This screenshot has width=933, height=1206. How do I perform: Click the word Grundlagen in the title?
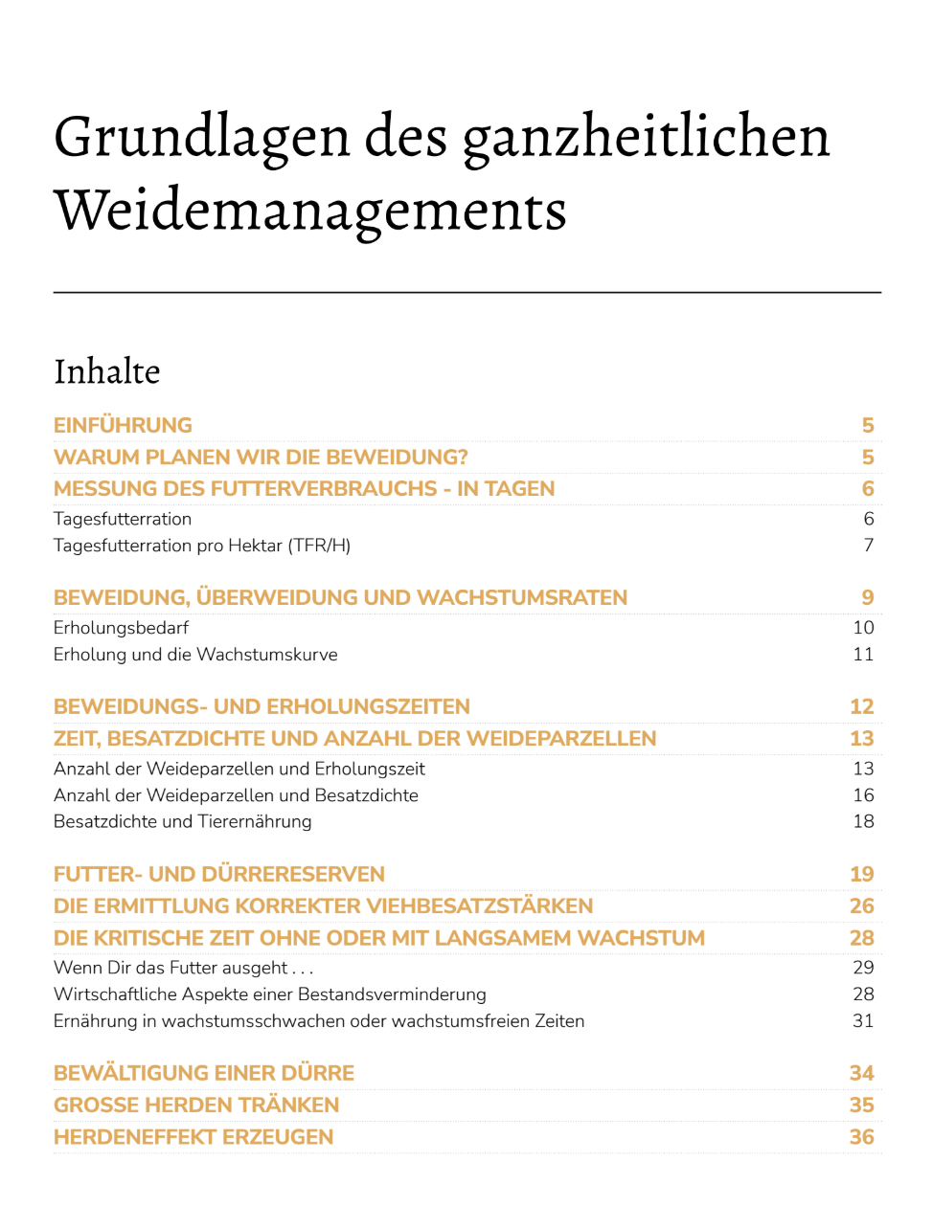tap(202, 138)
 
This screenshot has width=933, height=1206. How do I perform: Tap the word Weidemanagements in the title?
tap(310, 211)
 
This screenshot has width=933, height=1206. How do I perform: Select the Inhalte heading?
tap(107, 371)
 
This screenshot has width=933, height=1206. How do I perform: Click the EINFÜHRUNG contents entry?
tap(123, 425)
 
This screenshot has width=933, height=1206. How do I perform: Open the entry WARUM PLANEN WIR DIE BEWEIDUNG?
tap(261, 458)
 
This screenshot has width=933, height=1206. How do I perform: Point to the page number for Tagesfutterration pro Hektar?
tap(868, 546)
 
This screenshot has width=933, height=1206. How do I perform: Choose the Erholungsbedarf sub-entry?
tap(121, 628)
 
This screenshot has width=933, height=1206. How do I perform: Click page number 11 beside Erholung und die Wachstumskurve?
tap(863, 655)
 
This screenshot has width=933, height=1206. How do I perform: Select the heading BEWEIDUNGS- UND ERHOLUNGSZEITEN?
tap(262, 707)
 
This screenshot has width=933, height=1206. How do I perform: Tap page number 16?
tap(863, 795)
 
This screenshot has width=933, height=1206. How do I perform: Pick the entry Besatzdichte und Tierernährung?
tap(182, 821)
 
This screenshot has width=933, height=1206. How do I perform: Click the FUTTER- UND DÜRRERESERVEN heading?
tap(219, 875)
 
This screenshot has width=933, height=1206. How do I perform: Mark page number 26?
tap(861, 906)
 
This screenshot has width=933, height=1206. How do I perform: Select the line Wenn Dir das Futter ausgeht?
tap(183, 968)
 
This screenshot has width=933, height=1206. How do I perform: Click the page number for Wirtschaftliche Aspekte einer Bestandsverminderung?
tap(863, 994)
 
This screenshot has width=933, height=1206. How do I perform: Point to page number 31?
tap(863, 1021)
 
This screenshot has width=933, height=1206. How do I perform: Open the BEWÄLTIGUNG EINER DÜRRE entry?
tap(204, 1074)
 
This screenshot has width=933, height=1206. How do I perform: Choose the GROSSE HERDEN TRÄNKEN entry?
tap(196, 1105)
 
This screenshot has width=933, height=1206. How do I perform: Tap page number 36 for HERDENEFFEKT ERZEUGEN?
tap(861, 1137)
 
